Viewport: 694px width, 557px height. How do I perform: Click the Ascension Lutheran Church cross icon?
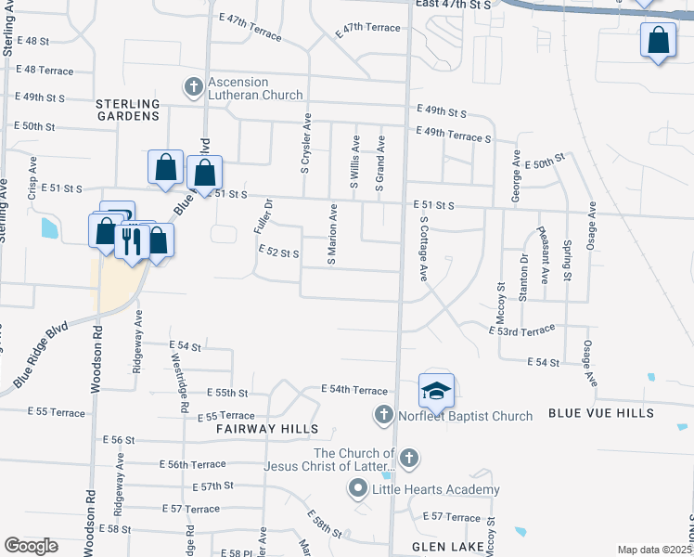click(x=194, y=88)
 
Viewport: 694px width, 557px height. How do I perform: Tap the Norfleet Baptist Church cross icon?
click(x=384, y=415)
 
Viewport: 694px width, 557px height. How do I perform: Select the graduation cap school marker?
click(x=436, y=390)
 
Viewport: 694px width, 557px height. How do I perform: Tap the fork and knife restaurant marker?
click(x=131, y=240)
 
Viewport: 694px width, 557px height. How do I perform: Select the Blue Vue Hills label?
click(x=600, y=413)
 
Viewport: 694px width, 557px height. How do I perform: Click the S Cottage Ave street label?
click(x=422, y=250)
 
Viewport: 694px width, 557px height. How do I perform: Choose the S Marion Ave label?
click(x=331, y=235)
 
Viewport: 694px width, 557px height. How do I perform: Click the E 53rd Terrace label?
click(x=521, y=329)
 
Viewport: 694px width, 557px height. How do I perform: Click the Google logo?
click(x=31, y=546)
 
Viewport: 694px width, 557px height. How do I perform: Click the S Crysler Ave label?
click(x=305, y=145)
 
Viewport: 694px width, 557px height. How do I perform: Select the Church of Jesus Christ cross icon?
click(x=408, y=458)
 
